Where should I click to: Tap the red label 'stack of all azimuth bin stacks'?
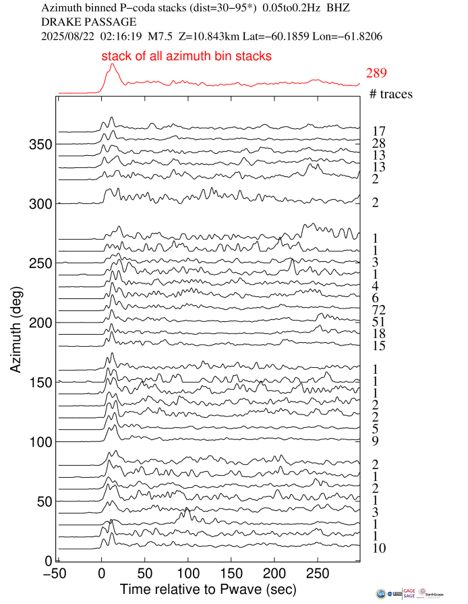pos(187,57)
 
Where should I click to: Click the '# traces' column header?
pos(391,94)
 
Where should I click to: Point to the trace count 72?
pos(378,310)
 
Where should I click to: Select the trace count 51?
pos(378,322)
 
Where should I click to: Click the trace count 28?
pos(378,144)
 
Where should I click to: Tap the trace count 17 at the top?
pos(378,132)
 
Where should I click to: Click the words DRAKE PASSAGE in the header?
pos(80,22)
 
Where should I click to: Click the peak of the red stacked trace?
pos(112,64)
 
